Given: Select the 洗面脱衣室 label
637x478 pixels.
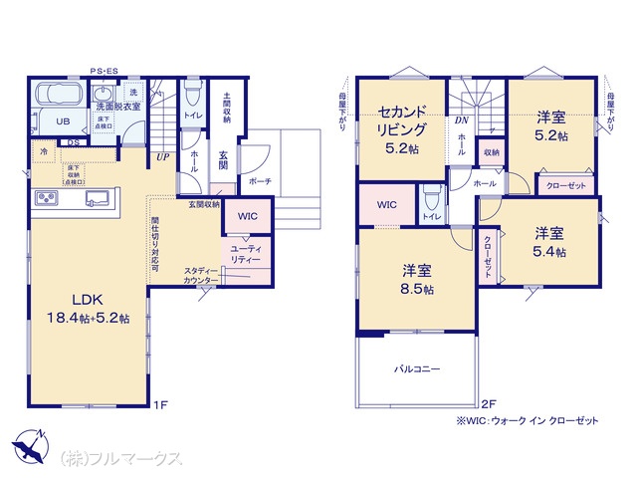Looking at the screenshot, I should pyautogui.click(x=118, y=104).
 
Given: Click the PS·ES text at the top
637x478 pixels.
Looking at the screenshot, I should pyautogui.click(x=104, y=71).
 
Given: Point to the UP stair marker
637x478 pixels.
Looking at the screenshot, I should pyautogui.click(x=161, y=155).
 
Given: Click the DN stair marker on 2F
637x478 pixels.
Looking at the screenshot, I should pyautogui.click(x=462, y=120).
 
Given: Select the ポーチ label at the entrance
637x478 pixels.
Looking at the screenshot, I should pyautogui.click(x=260, y=181).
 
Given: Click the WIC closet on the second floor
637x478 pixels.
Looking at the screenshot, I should pyautogui.click(x=386, y=205).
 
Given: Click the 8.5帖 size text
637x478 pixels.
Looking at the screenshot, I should pyautogui.click(x=415, y=289).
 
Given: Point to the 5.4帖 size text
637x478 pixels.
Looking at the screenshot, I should pyautogui.click(x=549, y=253).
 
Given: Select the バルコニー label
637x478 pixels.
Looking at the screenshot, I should pyautogui.click(x=416, y=367).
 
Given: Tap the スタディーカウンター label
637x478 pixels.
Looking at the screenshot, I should pyautogui.click(x=202, y=276).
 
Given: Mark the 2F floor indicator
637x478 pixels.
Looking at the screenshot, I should pyautogui.click(x=488, y=405).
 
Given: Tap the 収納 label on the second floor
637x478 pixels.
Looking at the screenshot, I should pyautogui.click(x=491, y=152).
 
